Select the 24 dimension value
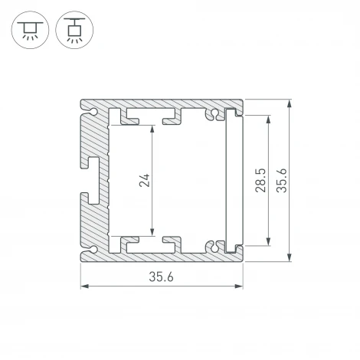[x=146, y=181]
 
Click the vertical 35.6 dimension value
[x=281, y=181]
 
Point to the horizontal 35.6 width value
[x=162, y=277]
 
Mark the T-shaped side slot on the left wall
[x=95, y=182]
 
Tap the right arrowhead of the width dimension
[x=240, y=287]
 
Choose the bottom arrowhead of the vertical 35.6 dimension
[x=290, y=258]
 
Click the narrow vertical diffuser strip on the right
[x=231, y=182]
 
